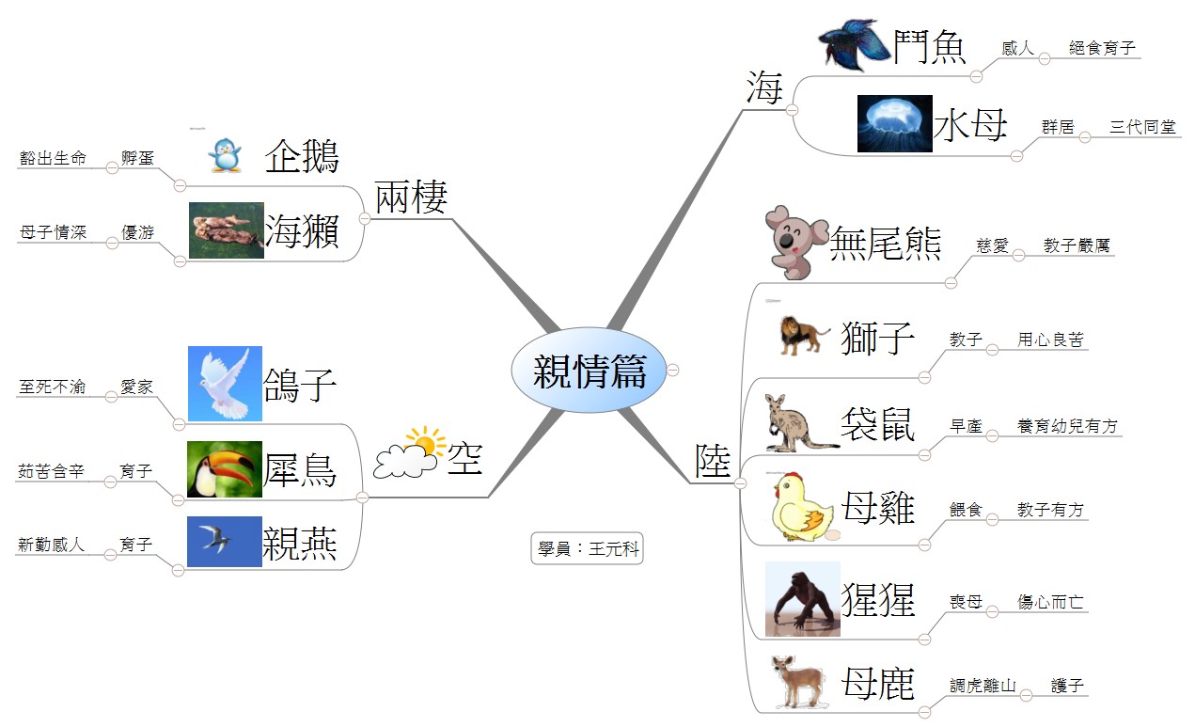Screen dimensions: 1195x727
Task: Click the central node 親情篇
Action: click(x=589, y=371)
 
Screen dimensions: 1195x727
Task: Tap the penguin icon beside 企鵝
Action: click(x=225, y=155)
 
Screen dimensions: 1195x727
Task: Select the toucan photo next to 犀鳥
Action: click(x=225, y=468)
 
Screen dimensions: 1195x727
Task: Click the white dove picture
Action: click(x=225, y=384)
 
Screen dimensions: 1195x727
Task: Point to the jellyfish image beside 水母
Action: click(x=894, y=123)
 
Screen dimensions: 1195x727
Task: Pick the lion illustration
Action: click(x=805, y=336)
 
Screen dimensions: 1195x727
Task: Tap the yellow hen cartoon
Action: click(x=802, y=509)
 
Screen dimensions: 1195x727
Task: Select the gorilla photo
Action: click(x=802, y=599)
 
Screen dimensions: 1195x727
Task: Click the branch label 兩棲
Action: click(x=411, y=197)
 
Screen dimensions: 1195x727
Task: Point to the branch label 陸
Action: click(x=713, y=462)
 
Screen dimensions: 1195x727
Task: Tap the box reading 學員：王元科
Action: click(x=587, y=549)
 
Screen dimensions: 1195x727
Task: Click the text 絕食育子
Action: click(x=1102, y=48)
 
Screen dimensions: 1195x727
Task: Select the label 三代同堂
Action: click(x=1142, y=127)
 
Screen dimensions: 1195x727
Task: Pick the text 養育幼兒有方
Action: click(x=1067, y=426)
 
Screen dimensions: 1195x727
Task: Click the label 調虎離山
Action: click(x=983, y=687)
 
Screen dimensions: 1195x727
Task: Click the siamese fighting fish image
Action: click(x=851, y=44)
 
